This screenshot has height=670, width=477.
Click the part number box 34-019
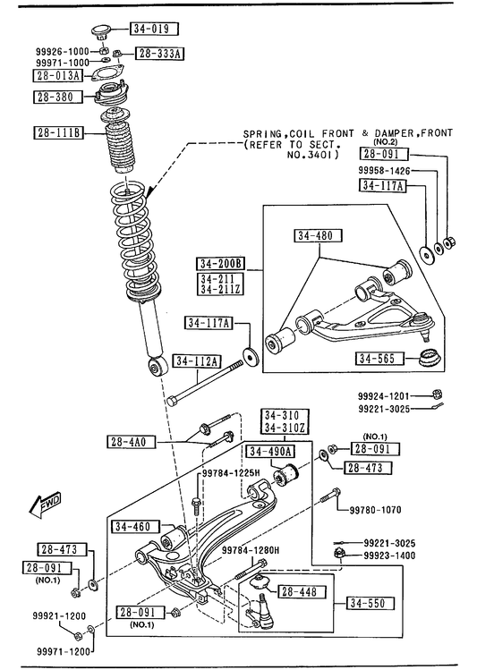[x=153, y=29]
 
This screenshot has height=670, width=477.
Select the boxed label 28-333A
[x=160, y=54]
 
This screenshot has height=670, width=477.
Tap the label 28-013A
[x=57, y=76]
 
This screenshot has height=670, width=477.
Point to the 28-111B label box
[x=58, y=133]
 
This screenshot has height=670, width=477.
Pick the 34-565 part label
[x=379, y=358]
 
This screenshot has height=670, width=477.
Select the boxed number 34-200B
[x=221, y=263]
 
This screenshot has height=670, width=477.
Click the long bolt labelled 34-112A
[x=204, y=383]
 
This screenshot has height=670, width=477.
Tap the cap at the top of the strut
[x=101, y=31]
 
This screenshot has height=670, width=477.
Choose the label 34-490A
[x=270, y=451]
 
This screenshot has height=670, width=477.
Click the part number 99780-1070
[x=375, y=510]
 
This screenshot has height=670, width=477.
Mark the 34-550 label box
[x=371, y=603]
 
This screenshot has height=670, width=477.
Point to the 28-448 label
[x=302, y=592]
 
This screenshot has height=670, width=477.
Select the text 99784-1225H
[x=231, y=473]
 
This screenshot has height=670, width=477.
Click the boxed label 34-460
[x=135, y=527]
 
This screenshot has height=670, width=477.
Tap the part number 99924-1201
[x=383, y=396]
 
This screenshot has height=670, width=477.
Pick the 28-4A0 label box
[x=132, y=442]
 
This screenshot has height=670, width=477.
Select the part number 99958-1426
[x=383, y=171]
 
